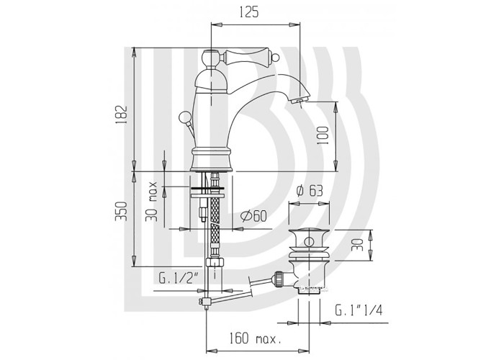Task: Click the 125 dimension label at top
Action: [x=249, y=12]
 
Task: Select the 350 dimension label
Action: [x=121, y=212]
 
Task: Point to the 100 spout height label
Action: [x=323, y=135]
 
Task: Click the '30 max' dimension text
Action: [x=151, y=202]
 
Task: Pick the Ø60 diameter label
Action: [x=253, y=216]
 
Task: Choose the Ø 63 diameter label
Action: [x=309, y=191]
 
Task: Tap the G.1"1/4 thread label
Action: [x=359, y=310]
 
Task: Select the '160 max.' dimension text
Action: [x=255, y=338]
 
